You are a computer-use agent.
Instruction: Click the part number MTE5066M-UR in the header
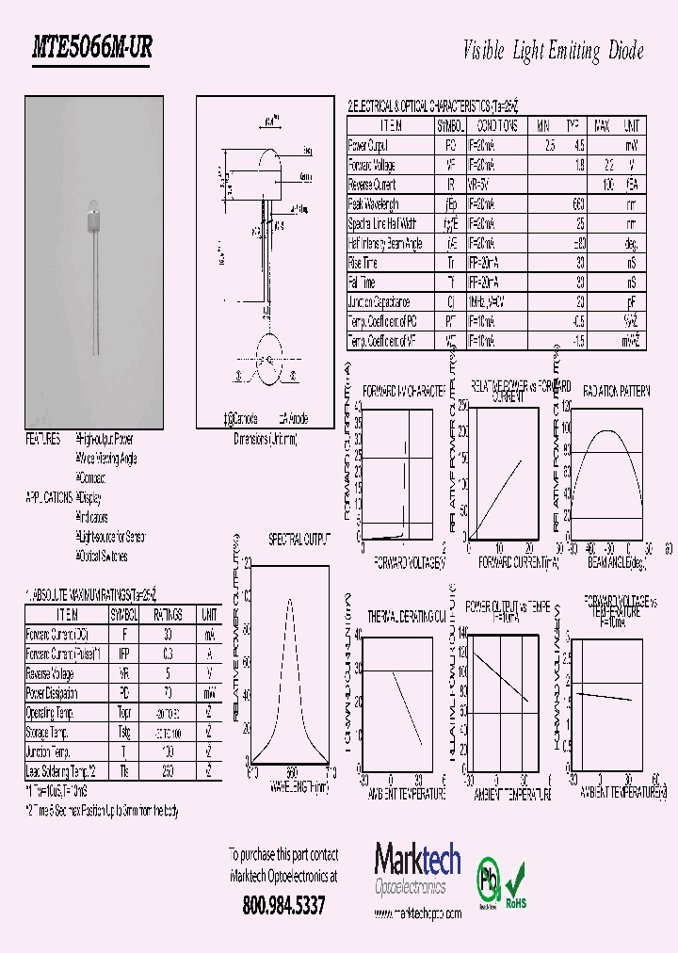(x=92, y=50)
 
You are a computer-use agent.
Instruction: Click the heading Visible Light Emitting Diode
(x=554, y=51)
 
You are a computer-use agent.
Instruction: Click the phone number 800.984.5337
(x=283, y=906)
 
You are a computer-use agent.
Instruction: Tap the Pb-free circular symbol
(x=489, y=877)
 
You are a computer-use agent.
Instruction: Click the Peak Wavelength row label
(x=374, y=204)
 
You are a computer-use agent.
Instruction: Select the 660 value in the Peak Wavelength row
(x=578, y=204)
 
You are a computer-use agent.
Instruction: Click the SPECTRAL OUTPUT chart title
(x=299, y=540)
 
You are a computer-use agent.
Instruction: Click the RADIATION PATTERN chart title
(x=616, y=391)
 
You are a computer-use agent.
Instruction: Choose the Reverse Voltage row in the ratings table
(x=52, y=673)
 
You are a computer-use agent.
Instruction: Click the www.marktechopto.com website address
(x=418, y=913)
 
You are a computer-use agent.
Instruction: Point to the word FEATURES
(x=42, y=440)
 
